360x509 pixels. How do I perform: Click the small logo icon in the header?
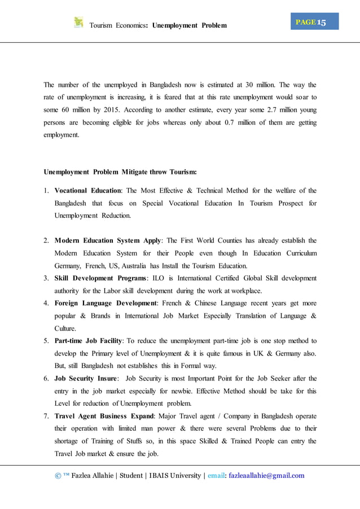point(78,23)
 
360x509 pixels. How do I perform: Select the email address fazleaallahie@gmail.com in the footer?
point(265,476)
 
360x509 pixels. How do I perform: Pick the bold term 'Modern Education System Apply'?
point(108,241)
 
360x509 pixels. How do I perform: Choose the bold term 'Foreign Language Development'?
point(106,304)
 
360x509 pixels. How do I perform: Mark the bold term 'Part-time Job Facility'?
point(89,341)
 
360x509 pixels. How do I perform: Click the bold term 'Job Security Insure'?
point(85,379)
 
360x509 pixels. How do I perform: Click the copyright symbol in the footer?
point(58,476)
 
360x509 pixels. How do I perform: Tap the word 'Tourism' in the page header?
point(102,25)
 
